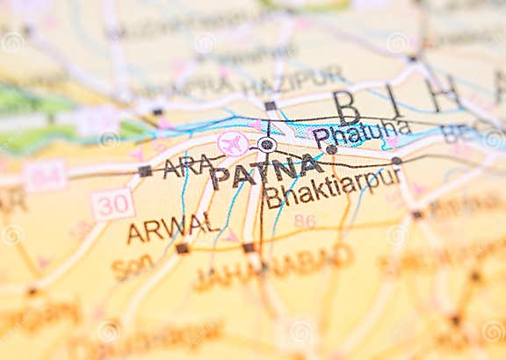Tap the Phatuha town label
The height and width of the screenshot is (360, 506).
coord(361,133)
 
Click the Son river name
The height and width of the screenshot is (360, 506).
coord(133,266)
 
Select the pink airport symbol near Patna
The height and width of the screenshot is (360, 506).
coord(233,144)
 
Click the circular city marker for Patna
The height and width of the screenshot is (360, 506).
coord(267,145)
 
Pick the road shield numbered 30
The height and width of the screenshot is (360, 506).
coord(112,205)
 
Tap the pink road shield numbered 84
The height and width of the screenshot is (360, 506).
coord(45,176)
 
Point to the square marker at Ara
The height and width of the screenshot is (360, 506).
coord(144,171)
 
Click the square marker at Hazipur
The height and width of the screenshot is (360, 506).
coord(270,106)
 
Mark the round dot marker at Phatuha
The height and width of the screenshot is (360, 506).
coord(331,150)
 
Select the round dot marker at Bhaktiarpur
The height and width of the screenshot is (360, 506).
coord(396,162)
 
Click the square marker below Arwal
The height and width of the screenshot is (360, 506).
coord(182,248)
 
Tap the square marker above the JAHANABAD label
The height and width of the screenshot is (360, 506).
coord(249,248)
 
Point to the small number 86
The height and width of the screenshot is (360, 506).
coord(304,220)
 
